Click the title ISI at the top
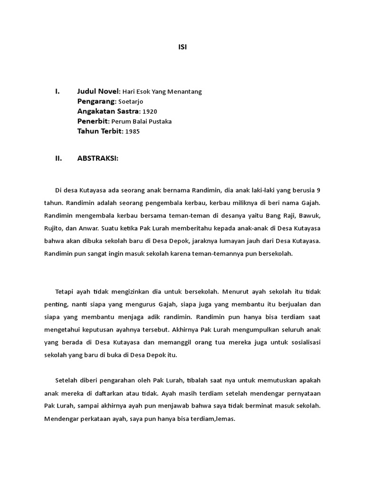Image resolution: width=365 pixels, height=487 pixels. coord(182,47)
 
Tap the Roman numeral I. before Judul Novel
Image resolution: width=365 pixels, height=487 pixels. coord(58,91)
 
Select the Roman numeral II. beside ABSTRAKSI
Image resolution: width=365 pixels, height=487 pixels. coord(59,159)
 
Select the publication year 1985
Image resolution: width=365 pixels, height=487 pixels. coord(133,131)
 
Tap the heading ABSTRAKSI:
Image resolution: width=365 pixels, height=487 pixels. coord(97,159)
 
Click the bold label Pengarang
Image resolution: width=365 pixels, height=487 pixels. coord(96,101)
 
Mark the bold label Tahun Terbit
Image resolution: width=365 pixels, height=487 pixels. coord(99,131)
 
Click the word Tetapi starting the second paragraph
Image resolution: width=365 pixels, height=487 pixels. coord(65,291)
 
